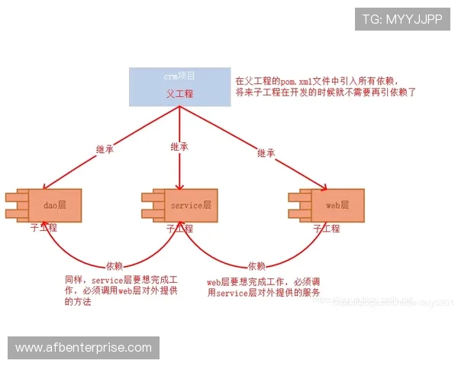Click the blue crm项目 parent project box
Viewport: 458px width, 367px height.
pos(179,86)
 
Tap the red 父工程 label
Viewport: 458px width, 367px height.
pos(179,93)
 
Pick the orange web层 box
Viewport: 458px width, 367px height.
pos(337,206)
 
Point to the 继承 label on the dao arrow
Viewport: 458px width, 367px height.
pos(107,148)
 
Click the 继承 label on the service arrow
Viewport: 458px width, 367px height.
pos(179,146)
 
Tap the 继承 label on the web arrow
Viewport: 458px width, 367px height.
pos(266,153)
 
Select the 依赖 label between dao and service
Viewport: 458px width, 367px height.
pos(114,265)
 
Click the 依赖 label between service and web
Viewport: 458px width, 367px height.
pos(256,265)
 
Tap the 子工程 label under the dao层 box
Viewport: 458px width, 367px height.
pos(44,228)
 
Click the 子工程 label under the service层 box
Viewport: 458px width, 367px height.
pos(179,228)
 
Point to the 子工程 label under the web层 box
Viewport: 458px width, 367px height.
pos(327,228)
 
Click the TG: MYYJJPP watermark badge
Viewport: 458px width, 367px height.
pos(402,19)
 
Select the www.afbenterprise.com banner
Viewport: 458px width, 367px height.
pos(84,348)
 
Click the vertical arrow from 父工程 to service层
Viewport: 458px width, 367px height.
pos(179,164)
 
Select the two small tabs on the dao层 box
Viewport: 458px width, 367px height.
pos(15,205)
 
